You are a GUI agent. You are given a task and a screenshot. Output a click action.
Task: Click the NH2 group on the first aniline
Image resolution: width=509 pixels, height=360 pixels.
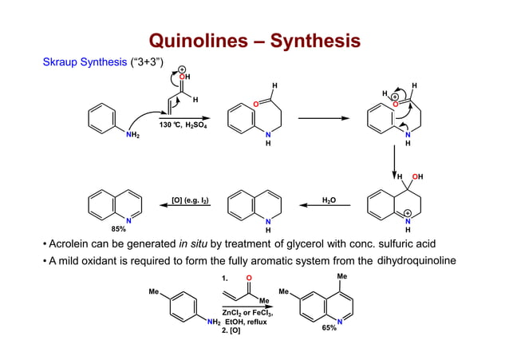pyautogui.click(x=132, y=136)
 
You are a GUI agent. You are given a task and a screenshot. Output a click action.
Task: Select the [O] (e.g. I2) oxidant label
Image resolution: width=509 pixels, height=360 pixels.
pyautogui.click(x=191, y=200)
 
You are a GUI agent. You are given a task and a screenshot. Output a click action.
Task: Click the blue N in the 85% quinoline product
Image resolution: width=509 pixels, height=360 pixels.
pyautogui.click(x=128, y=220)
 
